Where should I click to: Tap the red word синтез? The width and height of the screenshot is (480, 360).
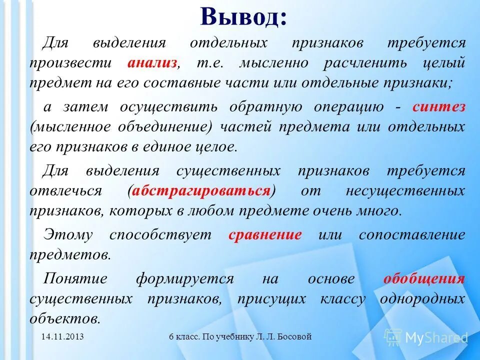pos(439,107)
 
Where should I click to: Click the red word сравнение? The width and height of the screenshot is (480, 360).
pos(265,235)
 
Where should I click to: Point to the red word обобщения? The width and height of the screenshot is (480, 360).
pos(424,279)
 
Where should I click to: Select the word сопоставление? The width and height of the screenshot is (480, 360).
pos(411,235)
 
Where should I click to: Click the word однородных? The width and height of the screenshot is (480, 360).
pos(422,299)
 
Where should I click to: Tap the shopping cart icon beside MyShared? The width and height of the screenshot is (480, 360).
pos(392,337)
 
